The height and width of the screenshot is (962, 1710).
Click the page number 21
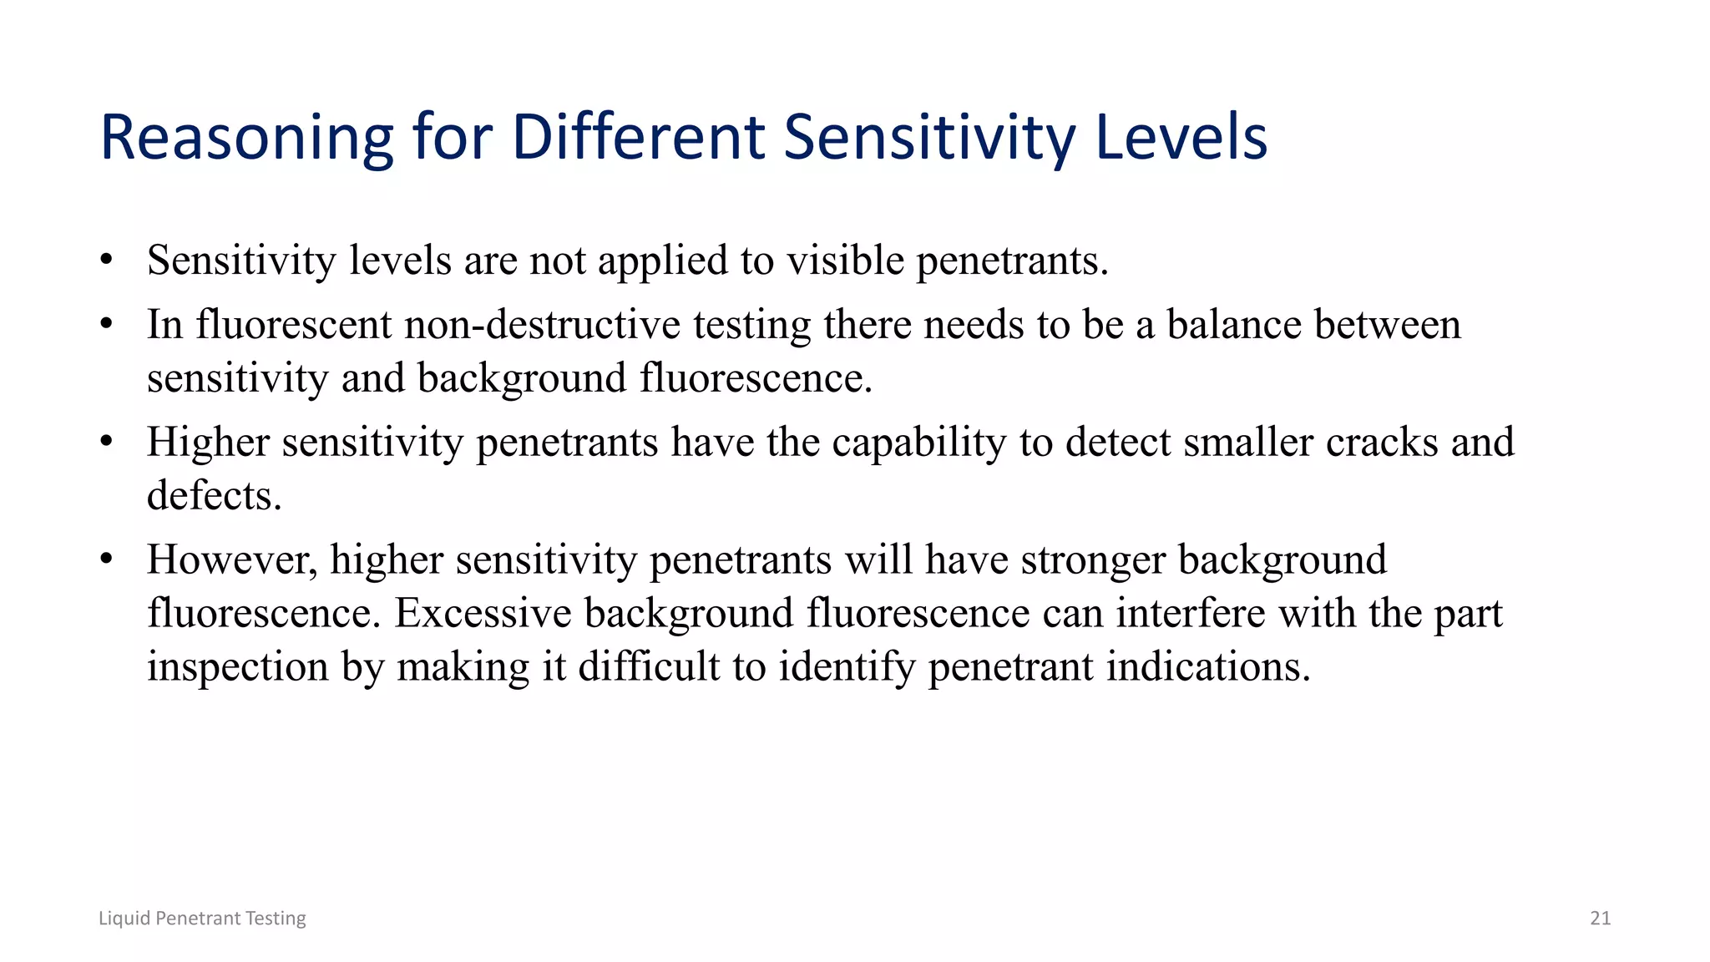point(1600,918)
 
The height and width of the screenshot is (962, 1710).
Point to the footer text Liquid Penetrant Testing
point(202,918)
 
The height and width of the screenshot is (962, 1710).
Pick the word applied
point(663,261)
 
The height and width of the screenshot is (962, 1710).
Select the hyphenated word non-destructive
point(542,324)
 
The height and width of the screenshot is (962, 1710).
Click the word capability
point(918,443)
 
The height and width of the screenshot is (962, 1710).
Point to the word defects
point(214,495)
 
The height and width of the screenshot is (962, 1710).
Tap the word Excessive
point(483,613)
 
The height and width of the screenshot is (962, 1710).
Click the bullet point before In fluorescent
point(106,324)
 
